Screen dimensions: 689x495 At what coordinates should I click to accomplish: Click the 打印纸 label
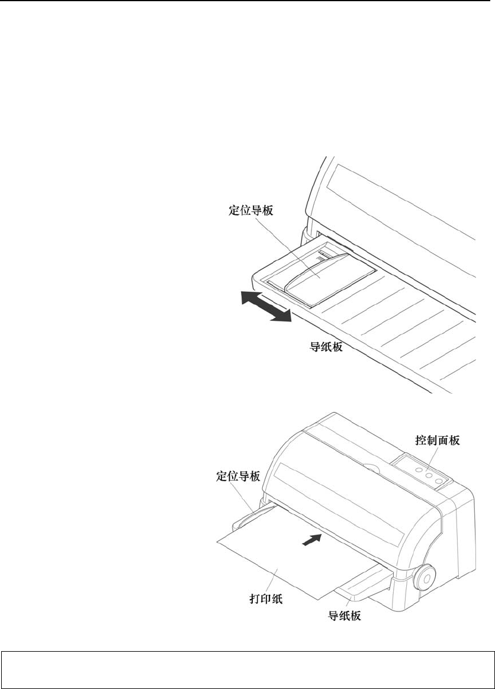click(x=264, y=599)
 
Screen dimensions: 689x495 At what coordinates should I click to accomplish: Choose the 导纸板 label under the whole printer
click(x=345, y=616)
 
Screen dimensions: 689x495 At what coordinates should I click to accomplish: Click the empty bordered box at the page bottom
click(x=247, y=671)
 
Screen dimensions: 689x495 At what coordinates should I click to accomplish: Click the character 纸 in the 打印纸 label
click(x=276, y=599)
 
